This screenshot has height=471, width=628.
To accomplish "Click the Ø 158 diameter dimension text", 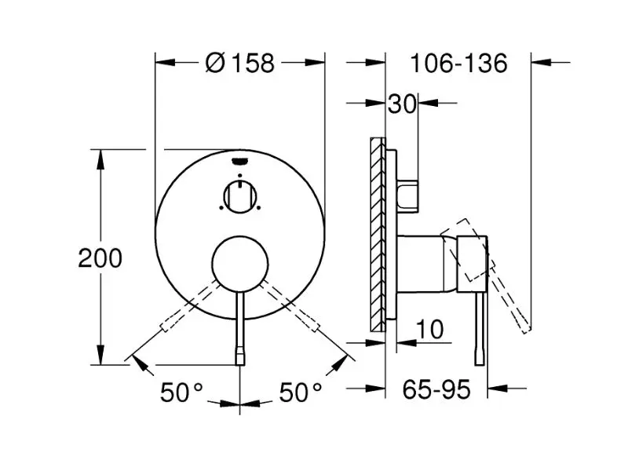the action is (240, 63).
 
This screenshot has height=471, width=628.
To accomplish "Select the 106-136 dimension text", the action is (459, 63).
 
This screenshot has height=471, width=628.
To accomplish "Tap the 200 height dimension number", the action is (100, 258).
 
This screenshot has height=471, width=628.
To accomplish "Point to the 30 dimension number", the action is (403, 104).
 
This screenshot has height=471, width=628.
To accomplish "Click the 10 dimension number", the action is (429, 329).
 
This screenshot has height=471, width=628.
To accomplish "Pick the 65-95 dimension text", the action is (436, 389).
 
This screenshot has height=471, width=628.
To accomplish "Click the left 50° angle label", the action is (182, 392).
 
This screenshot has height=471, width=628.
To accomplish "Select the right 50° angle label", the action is (301, 392).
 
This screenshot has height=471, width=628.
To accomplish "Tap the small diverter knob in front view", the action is (240, 195).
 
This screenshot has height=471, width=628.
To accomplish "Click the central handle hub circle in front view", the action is (240, 263).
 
